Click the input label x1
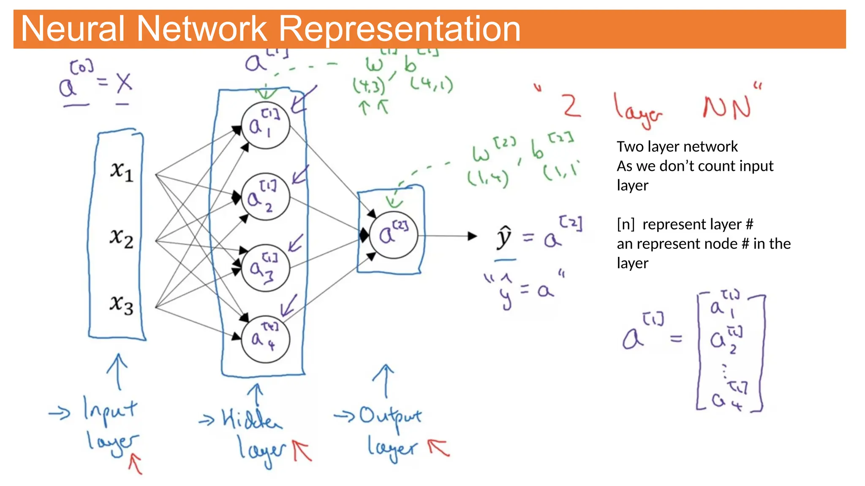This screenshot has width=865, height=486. [x=122, y=171]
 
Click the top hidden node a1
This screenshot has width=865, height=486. [x=265, y=125]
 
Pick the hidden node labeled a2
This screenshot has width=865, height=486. [x=265, y=197]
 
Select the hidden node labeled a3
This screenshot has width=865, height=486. [x=265, y=268]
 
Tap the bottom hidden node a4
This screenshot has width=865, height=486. [x=265, y=339]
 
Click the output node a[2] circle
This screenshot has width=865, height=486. [x=393, y=235]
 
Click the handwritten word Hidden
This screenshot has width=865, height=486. [x=252, y=418]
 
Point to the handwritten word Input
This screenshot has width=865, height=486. [x=110, y=410]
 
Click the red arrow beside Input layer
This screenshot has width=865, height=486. [x=136, y=464]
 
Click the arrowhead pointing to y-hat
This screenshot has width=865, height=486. [x=473, y=236]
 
